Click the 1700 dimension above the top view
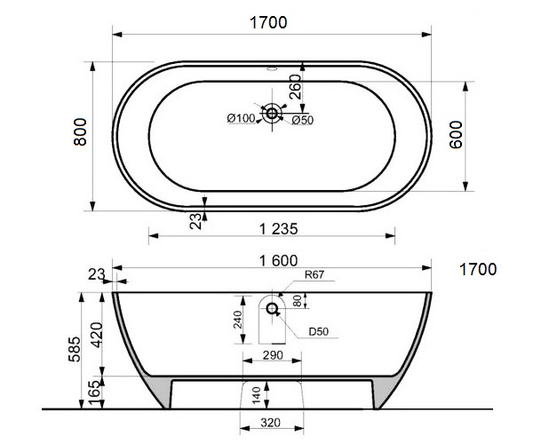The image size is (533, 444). [268, 23]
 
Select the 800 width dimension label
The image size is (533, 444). [80, 131]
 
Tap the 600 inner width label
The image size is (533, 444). [457, 134]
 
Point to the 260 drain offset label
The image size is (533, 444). [295, 87]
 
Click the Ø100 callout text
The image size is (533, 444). [241, 118]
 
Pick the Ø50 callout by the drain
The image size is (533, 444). [303, 120]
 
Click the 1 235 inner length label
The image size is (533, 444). [278, 229]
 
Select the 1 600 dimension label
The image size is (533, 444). [278, 260]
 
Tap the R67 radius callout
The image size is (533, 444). [314, 274]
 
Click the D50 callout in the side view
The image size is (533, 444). [319, 331]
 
